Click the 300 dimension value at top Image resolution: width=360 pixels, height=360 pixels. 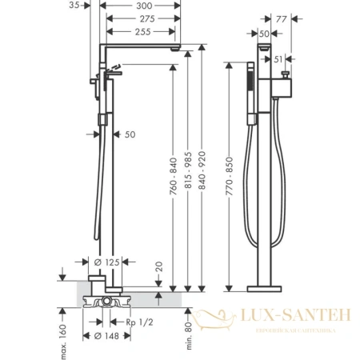pyautogui.click(x=144, y=6)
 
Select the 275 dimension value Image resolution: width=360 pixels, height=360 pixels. pyautogui.click(x=147, y=18)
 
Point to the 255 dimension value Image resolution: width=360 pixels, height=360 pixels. pyautogui.click(x=143, y=32)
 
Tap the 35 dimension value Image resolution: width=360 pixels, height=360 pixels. pyautogui.click(x=74, y=5)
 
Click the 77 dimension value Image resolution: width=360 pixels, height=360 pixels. pyautogui.click(x=282, y=19)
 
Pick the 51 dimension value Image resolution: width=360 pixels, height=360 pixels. pyautogui.click(x=278, y=59)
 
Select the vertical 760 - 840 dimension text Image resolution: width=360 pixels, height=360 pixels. pyautogui.click(x=174, y=176)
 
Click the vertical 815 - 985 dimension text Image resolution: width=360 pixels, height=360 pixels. pyautogui.click(x=188, y=170)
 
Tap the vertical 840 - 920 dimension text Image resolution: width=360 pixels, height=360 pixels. pyautogui.click(x=202, y=170)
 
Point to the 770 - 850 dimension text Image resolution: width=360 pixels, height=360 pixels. pyautogui.click(x=230, y=176)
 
